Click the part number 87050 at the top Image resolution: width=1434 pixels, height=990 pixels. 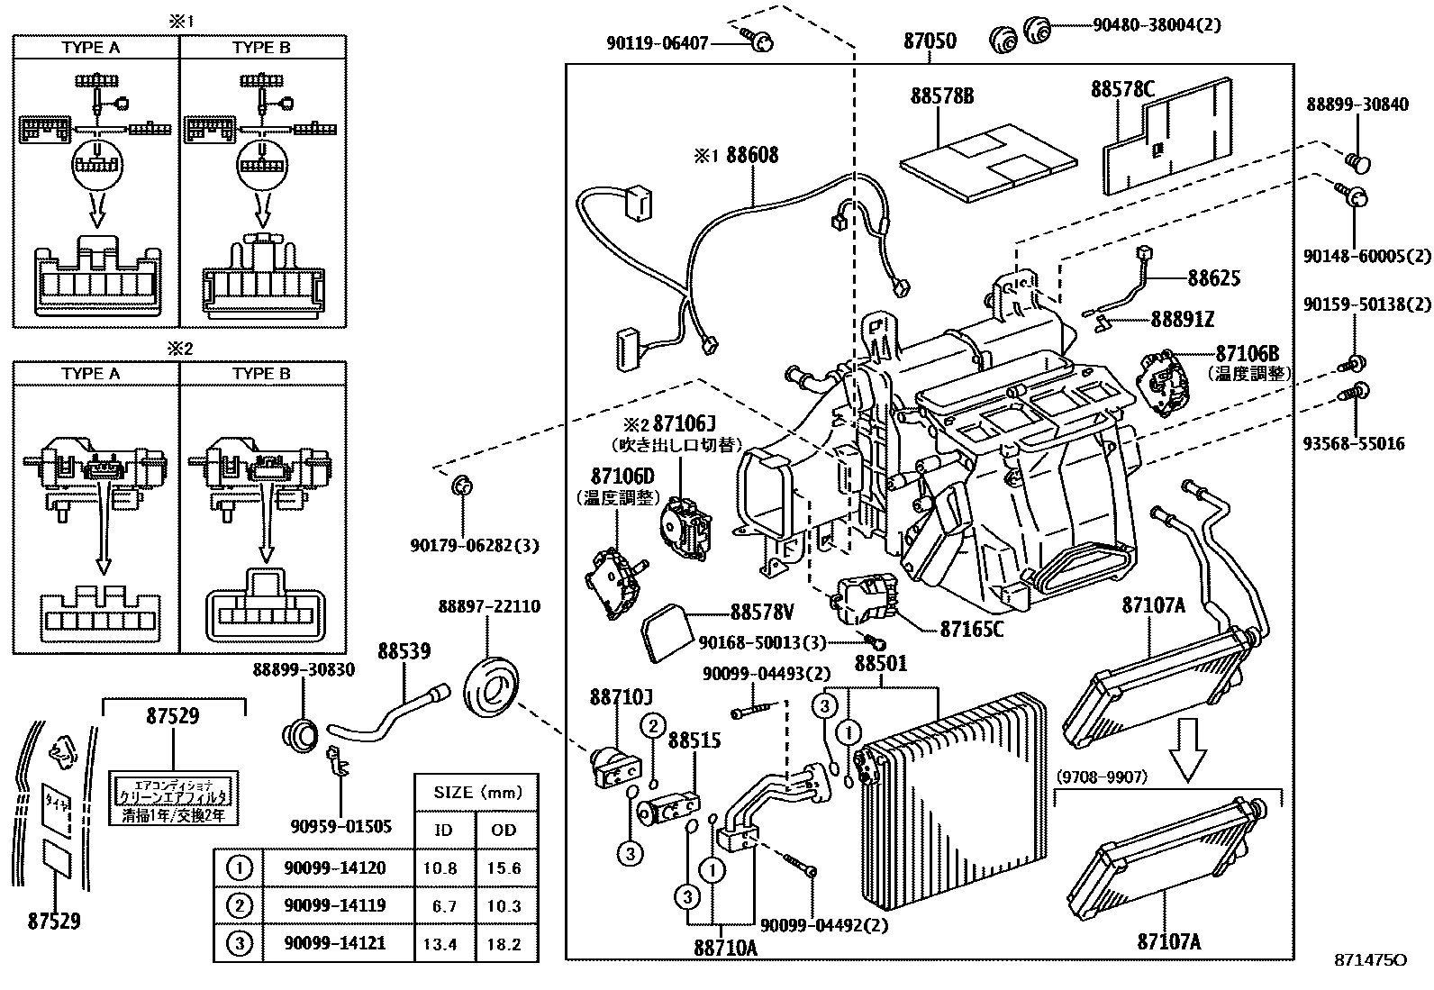coord(929,41)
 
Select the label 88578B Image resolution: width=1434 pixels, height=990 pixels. coord(941,95)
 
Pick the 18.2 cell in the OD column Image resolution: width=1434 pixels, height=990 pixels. coord(504,944)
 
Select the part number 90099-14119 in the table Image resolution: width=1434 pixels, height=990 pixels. coord(334,906)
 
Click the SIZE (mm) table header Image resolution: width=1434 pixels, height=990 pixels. coord(477,793)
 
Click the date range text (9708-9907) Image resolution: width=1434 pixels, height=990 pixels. coord(1102,777)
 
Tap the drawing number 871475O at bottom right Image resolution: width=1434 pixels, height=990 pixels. coord(1370,960)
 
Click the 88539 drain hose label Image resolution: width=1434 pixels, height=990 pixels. coord(404,650)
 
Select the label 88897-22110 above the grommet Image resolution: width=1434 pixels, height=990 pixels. coord(489,606)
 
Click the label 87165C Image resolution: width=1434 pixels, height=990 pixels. coord(971,629)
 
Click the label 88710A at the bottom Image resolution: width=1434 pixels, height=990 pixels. coord(725,948)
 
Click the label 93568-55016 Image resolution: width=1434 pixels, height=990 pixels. coord(1353,443)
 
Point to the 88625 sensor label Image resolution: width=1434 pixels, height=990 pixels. coord(1213,277)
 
